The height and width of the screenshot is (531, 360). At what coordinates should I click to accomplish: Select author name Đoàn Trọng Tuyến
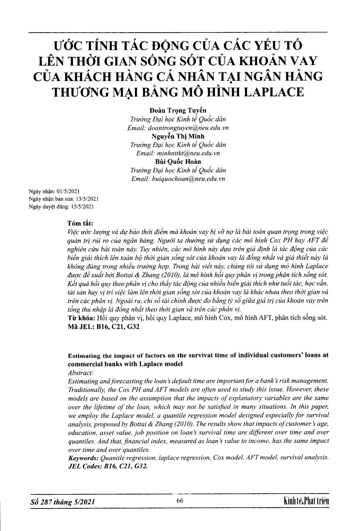[x=178, y=110]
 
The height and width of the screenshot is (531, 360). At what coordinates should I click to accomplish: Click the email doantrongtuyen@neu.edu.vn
[x=178, y=128]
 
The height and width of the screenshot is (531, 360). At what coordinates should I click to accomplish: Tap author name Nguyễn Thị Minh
[x=178, y=136]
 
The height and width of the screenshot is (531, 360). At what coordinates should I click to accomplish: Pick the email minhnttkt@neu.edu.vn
[x=178, y=153]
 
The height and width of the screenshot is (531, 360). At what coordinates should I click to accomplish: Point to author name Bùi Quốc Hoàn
[x=178, y=161]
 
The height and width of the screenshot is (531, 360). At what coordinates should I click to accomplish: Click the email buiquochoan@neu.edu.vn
[x=178, y=179]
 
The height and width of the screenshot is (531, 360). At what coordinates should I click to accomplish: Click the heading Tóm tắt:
[x=80, y=223]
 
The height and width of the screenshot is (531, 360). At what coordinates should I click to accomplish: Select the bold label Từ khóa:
[x=82, y=318]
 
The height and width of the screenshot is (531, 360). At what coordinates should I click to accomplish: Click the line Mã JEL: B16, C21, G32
[x=104, y=327]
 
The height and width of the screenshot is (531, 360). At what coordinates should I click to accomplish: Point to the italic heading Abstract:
[x=81, y=372]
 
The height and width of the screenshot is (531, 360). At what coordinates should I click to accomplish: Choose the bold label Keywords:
[x=83, y=457]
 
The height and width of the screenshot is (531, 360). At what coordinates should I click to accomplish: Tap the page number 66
[x=180, y=500]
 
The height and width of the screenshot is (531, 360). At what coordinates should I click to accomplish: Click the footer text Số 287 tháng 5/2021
[x=63, y=502]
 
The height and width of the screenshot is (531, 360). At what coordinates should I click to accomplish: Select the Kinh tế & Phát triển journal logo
[x=306, y=501]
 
